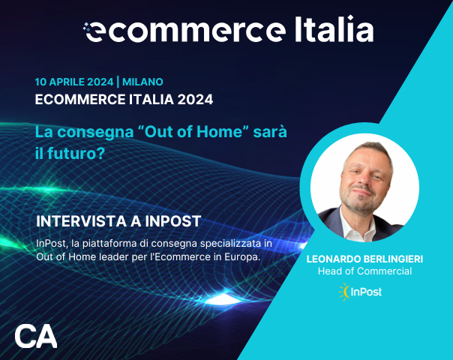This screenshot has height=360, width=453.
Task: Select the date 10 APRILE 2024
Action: click(x=73, y=82)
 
